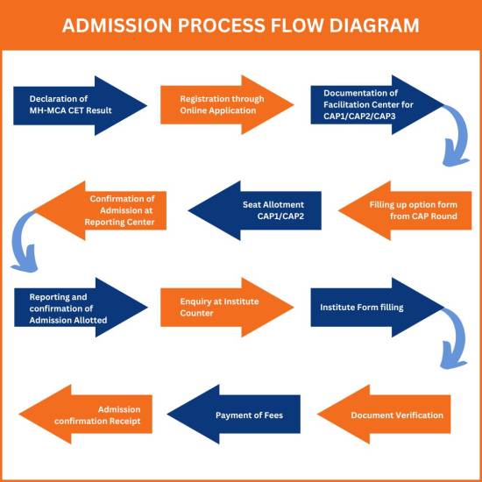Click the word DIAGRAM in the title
(x=374, y=25)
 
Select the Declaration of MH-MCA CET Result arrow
(x=80, y=105)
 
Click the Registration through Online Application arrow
(x=227, y=105)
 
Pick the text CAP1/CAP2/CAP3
(x=359, y=117)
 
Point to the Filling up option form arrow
(x=405, y=210)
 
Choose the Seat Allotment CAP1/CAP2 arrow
(x=254, y=210)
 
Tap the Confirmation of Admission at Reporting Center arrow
(x=100, y=210)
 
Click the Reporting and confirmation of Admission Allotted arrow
(x=81, y=308)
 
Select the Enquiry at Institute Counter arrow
(x=227, y=308)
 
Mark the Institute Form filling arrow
(x=378, y=308)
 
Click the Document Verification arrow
(x=384, y=414)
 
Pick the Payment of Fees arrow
(x=234, y=414)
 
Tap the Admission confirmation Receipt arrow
(x=86, y=414)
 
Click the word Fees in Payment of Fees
(x=273, y=415)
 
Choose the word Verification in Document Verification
(x=420, y=415)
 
